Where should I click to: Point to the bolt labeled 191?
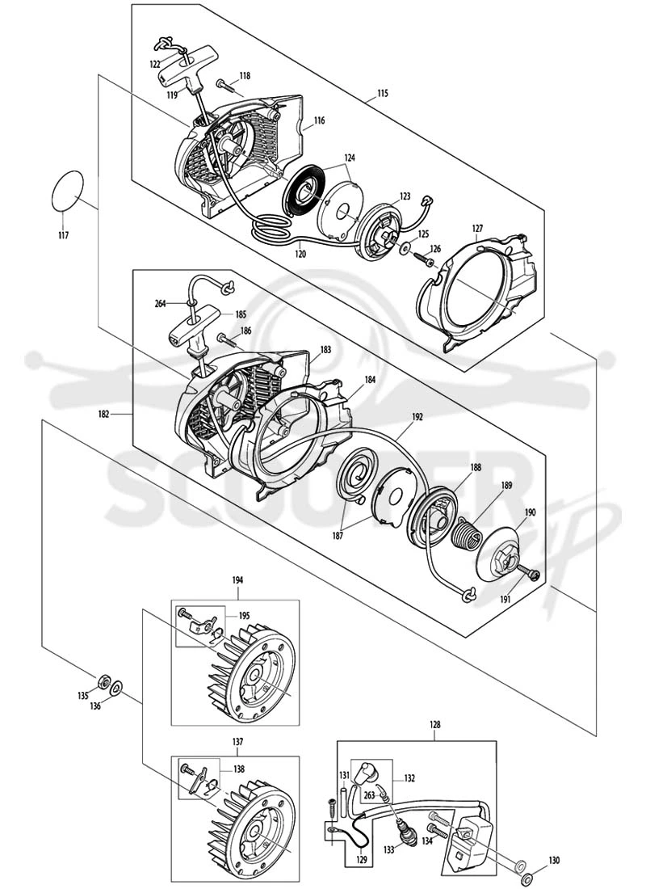pyautogui.click(x=527, y=575)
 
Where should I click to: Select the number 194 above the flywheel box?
pyautogui.click(x=237, y=580)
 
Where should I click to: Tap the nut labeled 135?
pyautogui.click(x=103, y=681)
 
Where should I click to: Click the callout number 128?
pyautogui.click(x=434, y=725)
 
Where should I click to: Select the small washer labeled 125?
pyautogui.click(x=405, y=247)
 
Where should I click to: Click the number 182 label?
pyautogui.click(x=103, y=415)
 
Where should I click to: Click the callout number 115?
pyautogui.click(x=383, y=94)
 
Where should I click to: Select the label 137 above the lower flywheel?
pyautogui.click(x=237, y=742)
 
